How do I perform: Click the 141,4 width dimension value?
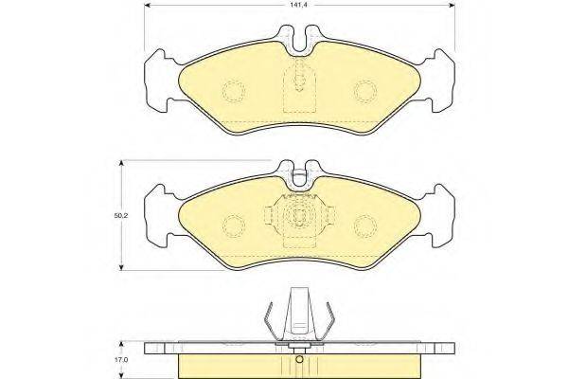tap(299, 5)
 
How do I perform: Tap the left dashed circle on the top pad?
tap(234, 91)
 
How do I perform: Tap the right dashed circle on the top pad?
tap(365, 91)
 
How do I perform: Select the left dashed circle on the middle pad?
tap(234, 226)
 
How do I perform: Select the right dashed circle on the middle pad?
tap(365, 226)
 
